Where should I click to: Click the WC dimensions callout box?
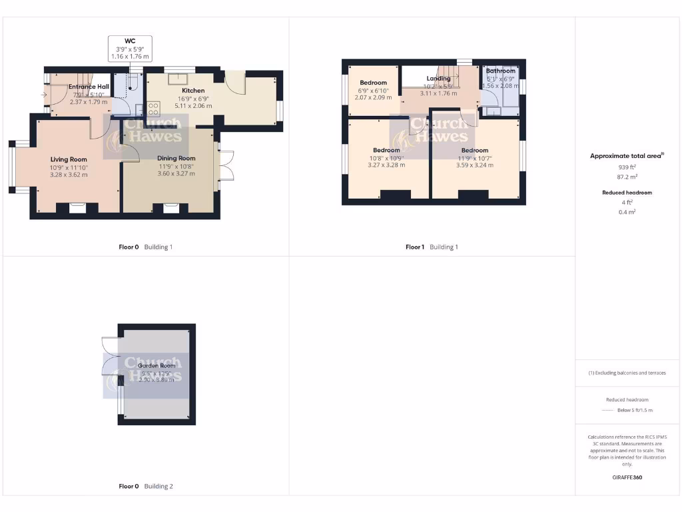click(130, 49)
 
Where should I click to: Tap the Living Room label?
click(69, 159)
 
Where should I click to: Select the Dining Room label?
click(176, 158)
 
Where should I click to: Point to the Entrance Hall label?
click(89, 87)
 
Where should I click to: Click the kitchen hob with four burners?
click(153, 109)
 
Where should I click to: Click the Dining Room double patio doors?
click(226, 166)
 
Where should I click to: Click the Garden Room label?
click(157, 366)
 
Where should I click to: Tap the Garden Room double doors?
click(109, 356)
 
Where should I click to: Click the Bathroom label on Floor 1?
click(500, 71)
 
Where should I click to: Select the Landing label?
click(438, 78)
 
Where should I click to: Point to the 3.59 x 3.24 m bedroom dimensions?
click(475, 165)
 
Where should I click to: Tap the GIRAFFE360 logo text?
click(627, 477)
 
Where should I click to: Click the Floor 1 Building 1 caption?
click(432, 247)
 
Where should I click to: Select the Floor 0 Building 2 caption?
click(145, 487)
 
